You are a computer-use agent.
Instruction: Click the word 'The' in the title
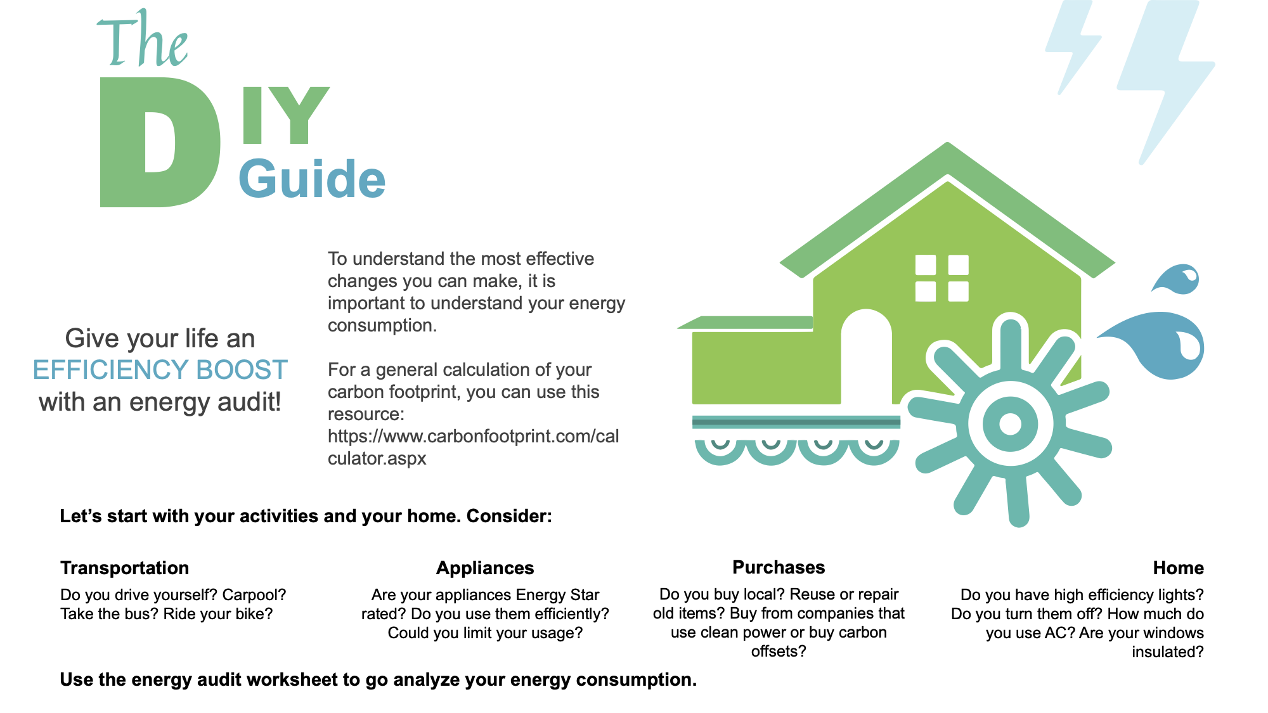click(x=143, y=39)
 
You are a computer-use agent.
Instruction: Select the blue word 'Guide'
click(x=312, y=179)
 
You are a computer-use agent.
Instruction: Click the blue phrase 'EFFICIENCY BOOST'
click(x=160, y=369)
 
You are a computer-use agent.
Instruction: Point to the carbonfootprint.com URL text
click(x=473, y=447)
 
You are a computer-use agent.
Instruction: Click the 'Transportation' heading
click(x=125, y=568)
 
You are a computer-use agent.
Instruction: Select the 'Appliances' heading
click(x=485, y=568)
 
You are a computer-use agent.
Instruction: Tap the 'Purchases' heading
click(x=779, y=567)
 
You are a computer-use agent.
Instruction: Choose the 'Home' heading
click(x=1178, y=568)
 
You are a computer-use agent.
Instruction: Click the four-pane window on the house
click(x=942, y=278)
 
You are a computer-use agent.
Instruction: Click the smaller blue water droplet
click(x=1177, y=279)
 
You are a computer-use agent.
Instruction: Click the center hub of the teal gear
click(x=1010, y=423)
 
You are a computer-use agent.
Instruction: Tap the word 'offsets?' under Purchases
click(x=779, y=652)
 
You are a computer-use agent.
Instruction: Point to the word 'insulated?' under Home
click(x=1168, y=652)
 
